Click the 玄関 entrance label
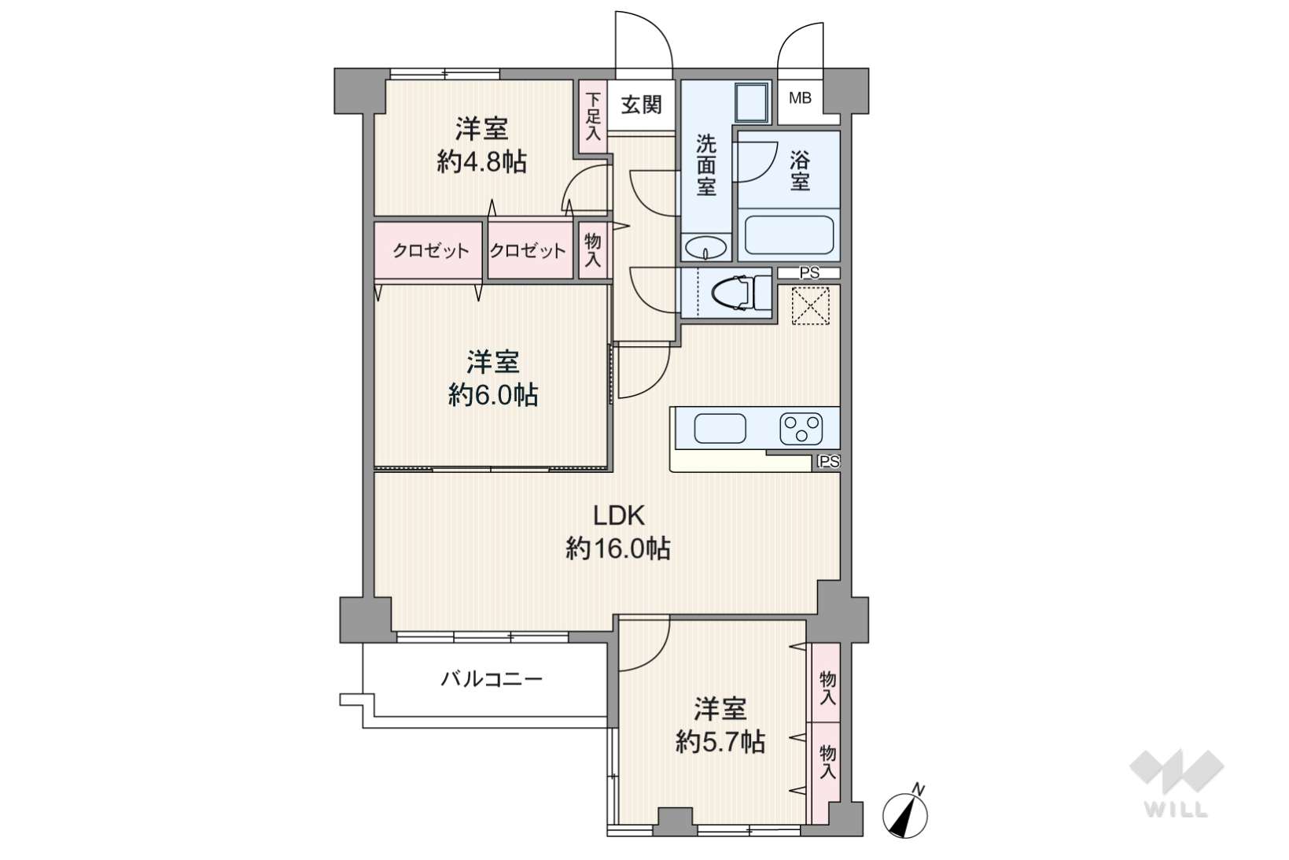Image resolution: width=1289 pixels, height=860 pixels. click(641, 105)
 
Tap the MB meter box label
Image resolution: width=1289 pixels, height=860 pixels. click(800, 98)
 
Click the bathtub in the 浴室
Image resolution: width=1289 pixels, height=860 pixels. click(789, 234)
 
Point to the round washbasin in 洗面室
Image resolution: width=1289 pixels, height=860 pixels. click(705, 248)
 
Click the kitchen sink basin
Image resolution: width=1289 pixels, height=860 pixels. click(720, 429)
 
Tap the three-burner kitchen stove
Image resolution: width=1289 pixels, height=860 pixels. click(801, 429)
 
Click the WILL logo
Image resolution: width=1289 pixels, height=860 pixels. click(1176, 784)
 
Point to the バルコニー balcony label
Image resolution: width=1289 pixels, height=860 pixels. click(492, 680)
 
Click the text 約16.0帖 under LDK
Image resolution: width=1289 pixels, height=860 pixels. click(618, 548)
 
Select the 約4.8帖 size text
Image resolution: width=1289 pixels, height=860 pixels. click(481, 162)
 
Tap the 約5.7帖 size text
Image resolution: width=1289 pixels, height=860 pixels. click(720, 742)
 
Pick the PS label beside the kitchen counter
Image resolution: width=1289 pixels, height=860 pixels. click(829, 462)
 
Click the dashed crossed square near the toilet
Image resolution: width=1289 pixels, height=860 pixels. click(810, 305)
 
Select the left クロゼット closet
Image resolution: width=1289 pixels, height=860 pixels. click(429, 251)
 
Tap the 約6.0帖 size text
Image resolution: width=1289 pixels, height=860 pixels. click(493, 396)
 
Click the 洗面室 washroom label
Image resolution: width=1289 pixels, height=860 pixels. click(706, 165)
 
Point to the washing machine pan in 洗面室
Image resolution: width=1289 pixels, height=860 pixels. click(752, 102)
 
